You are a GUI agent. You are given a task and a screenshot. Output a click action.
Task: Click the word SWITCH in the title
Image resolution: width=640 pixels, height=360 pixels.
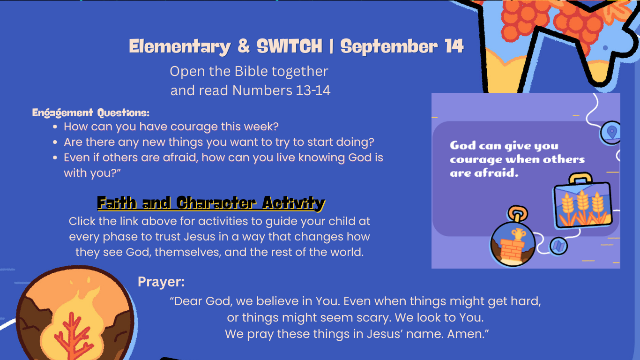(290, 46)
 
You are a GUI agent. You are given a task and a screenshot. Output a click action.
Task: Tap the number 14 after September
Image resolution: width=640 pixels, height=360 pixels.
(454, 46)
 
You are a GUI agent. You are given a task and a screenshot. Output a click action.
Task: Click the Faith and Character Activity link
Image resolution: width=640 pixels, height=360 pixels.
(211, 203)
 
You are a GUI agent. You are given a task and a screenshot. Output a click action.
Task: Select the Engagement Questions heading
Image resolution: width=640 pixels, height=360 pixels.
(90, 113)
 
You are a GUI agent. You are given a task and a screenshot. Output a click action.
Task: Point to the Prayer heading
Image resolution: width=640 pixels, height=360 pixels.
(161, 282)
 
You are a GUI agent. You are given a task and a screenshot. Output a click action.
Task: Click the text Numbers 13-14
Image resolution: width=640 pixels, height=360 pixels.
(282, 90)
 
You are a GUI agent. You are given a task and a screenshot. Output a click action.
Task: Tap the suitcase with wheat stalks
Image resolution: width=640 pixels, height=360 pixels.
(583, 203)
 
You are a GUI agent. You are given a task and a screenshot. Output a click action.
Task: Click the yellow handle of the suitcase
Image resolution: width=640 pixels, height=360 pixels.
(580, 179)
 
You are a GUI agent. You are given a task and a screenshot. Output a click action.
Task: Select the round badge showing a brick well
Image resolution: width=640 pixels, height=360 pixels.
(513, 244)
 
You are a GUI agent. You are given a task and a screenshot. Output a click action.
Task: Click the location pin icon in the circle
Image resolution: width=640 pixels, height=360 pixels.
(612, 133)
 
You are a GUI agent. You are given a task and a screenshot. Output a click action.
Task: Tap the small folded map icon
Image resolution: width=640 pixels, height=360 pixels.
(558, 246)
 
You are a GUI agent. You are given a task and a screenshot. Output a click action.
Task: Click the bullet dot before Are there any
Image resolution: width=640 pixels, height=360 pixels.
(55, 142)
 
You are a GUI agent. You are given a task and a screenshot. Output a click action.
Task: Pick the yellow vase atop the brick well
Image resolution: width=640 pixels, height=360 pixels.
(518, 234)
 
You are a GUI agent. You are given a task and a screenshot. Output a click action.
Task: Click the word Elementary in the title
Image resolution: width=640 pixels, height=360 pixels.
(180, 46)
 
